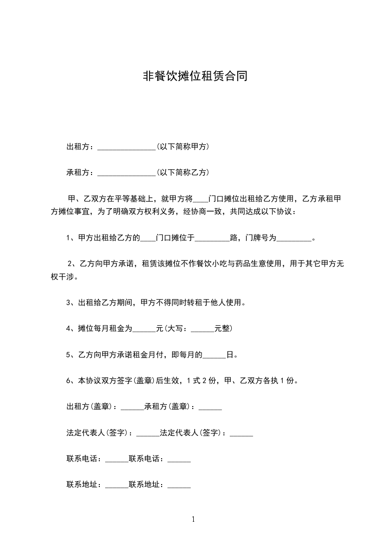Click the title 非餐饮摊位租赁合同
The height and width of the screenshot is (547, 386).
point(193,77)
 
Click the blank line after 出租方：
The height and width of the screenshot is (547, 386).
point(126,147)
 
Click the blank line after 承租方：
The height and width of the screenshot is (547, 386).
point(126,173)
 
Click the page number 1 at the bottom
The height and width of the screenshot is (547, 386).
point(193,519)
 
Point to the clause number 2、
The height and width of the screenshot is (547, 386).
point(74,264)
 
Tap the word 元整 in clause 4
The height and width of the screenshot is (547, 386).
point(223,329)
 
